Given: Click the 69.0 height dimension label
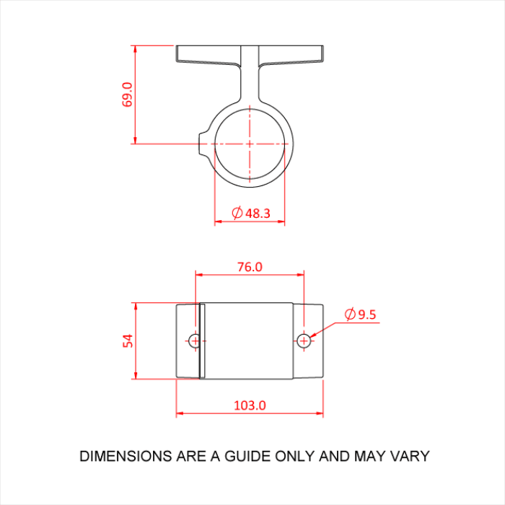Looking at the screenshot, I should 128,95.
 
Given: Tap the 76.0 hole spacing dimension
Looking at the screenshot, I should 250,266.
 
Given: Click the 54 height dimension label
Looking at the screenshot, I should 128,340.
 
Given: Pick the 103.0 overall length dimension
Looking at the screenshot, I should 250,405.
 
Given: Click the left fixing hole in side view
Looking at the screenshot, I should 195,340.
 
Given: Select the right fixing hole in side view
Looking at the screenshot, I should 304,340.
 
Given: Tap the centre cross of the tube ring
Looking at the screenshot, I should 250,143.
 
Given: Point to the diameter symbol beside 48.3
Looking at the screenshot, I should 237,213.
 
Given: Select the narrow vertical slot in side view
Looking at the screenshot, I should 203,341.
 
